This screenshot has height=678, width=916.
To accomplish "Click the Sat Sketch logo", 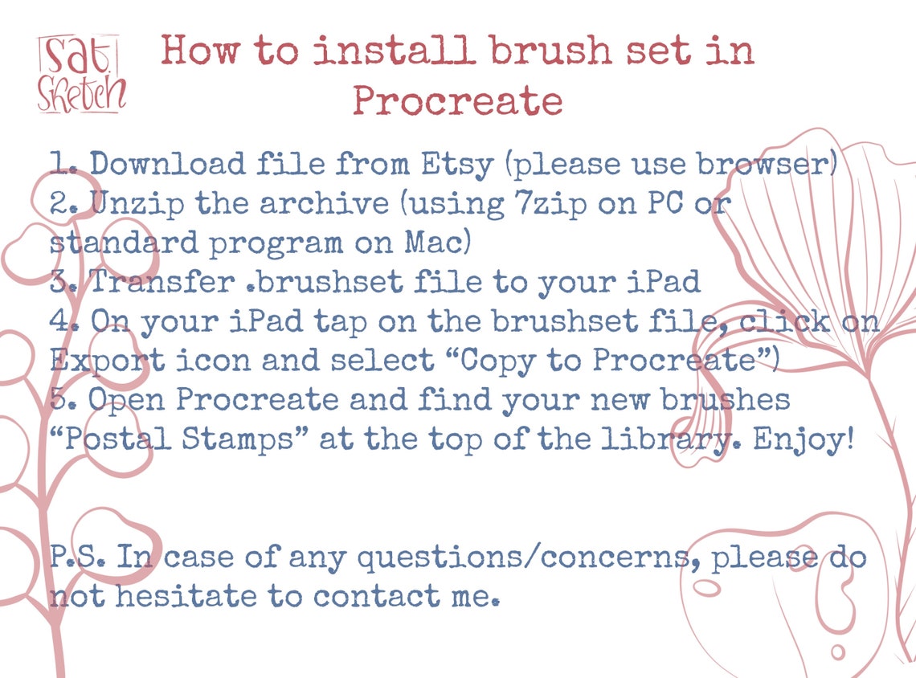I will pos(81,74).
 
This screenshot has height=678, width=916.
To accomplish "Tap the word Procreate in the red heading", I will pos(456,101).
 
